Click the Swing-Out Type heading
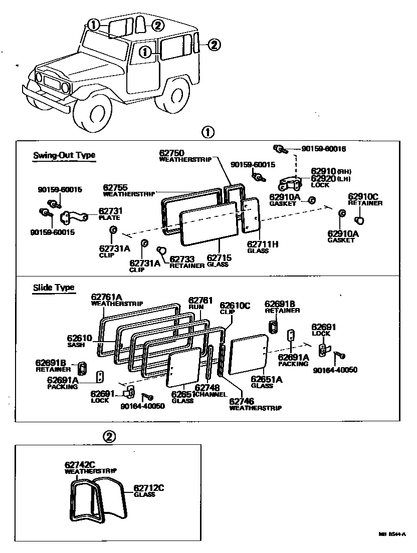(64, 155)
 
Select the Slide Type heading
(54, 288)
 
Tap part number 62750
(172, 153)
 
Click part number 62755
(116, 187)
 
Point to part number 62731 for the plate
(110, 211)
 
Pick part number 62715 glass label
(218, 258)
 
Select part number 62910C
(363, 196)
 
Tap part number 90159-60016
(324, 149)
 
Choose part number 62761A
(107, 297)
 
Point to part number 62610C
(235, 305)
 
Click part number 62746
(242, 401)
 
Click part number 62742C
(80, 464)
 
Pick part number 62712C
(148, 488)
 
